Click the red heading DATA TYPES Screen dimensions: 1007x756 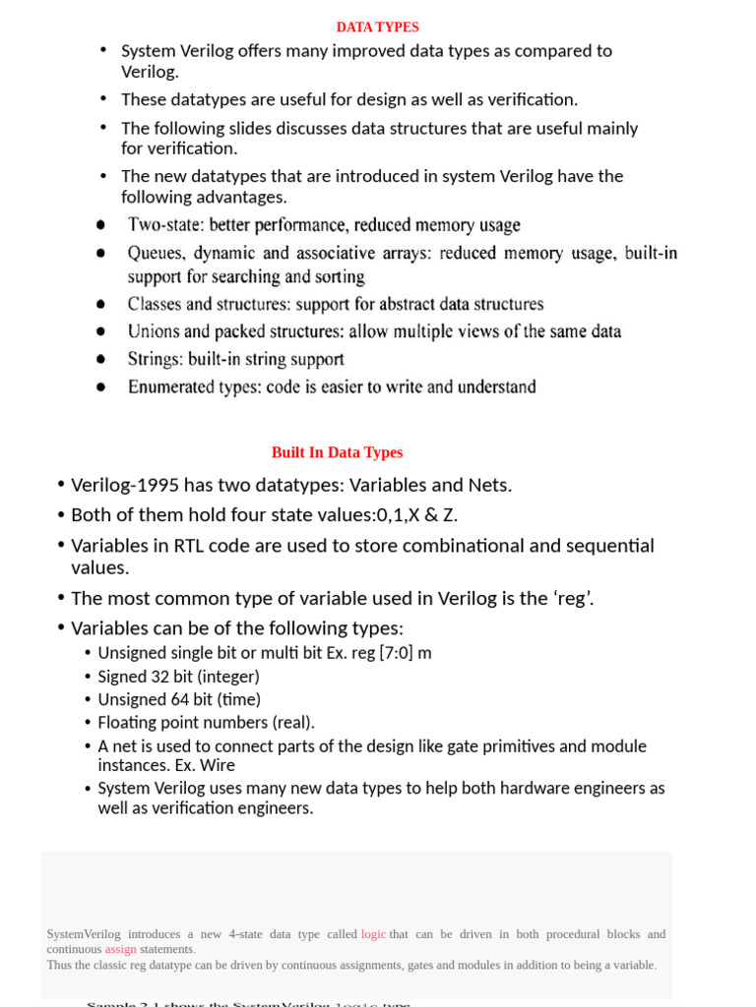click(x=377, y=28)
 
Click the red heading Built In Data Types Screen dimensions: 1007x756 click(x=337, y=452)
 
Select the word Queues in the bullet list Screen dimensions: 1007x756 click(x=157, y=254)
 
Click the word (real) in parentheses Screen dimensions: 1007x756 click(x=292, y=723)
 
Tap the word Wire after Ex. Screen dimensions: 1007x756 click(x=216, y=765)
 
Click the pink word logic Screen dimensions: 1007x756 click(x=373, y=934)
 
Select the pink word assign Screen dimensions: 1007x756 click(x=120, y=949)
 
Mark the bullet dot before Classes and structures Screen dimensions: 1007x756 click(x=101, y=305)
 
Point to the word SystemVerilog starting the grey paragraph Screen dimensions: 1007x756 click(x=84, y=934)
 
